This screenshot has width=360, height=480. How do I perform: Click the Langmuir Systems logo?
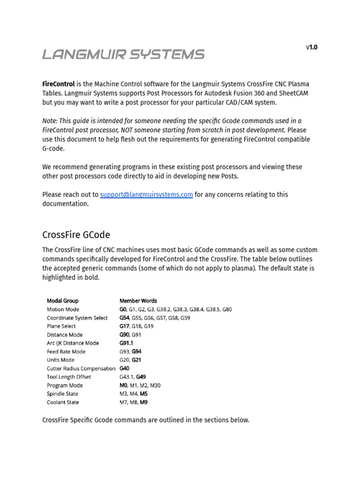[x=123, y=54]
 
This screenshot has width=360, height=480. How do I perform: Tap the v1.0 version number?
[x=312, y=47]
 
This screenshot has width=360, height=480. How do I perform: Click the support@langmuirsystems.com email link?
[x=146, y=195]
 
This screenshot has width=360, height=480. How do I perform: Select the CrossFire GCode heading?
[x=76, y=234]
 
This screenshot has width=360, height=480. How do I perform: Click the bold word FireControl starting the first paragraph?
[x=58, y=84]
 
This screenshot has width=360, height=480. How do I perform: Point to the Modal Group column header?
[x=62, y=301]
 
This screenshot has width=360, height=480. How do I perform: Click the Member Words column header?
[x=138, y=301]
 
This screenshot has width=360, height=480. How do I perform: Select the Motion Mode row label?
[x=63, y=309]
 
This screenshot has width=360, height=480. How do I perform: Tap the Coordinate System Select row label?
[x=77, y=318]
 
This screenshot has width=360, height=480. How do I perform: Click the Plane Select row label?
[x=61, y=326]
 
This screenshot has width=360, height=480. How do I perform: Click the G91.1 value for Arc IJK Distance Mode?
[x=127, y=343]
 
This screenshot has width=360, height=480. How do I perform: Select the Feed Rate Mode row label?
[x=66, y=352]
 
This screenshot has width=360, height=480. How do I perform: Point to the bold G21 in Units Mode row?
[x=136, y=360]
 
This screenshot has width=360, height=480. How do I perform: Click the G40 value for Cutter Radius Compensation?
[x=124, y=368]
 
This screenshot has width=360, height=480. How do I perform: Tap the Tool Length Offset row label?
[x=69, y=377]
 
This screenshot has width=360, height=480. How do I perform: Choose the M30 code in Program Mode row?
[x=156, y=385]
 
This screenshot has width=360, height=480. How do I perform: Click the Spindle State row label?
[x=62, y=394]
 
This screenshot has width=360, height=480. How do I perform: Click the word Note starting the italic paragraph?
[x=50, y=121]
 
